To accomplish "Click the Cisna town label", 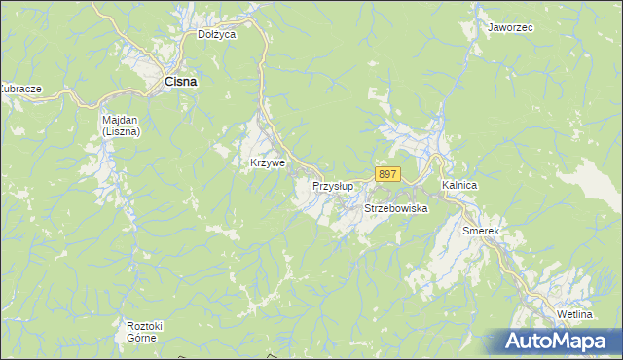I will point(180,82).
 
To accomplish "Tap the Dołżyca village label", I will point(217,34).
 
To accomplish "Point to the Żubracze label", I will point(20,89).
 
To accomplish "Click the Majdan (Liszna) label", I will point(122,125).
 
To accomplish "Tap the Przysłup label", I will point(332,185).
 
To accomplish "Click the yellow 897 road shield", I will point(386,174).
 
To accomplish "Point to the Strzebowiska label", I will point(396,208).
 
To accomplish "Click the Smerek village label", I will point(481,231).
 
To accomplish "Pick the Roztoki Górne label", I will point(142,331).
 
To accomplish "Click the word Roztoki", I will point(142,325).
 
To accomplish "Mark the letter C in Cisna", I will point(168,82).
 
